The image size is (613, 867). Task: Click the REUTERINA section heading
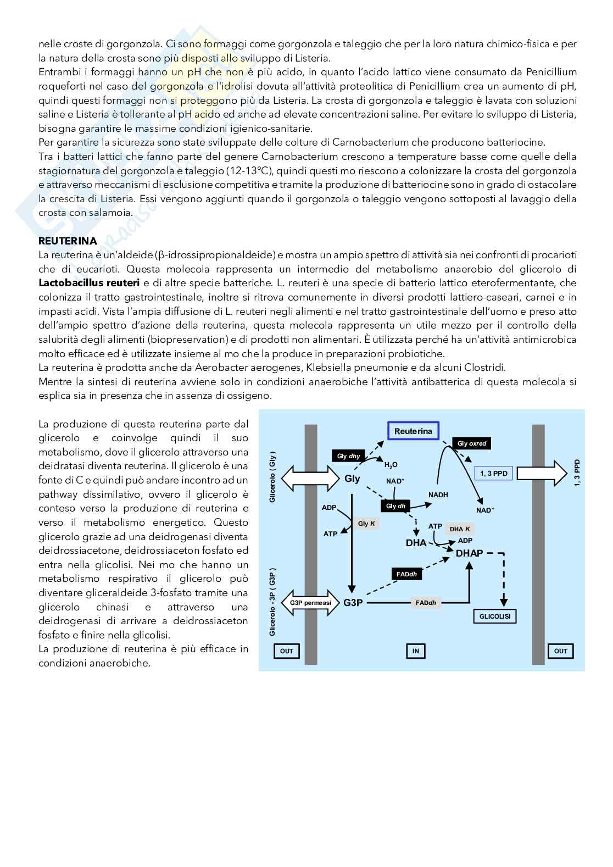coord(68,241)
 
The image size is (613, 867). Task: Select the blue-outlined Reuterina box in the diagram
coord(413,431)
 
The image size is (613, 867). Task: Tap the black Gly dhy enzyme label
coord(348,456)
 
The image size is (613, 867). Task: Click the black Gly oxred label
coord(472,443)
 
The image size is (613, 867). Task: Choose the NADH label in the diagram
coord(438,495)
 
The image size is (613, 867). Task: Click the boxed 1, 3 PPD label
coord(493,473)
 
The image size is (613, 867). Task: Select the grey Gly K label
coord(366,524)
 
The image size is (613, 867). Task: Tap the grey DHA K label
coord(460,529)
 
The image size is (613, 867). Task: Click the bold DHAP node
coord(469,553)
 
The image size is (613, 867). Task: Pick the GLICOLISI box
coord(494,616)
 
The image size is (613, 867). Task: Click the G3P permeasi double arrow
coord(310,603)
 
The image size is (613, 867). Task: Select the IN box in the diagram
coord(415,651)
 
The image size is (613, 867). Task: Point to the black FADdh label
coord(406,574)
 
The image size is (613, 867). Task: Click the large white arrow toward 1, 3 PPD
coord(541,473)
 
